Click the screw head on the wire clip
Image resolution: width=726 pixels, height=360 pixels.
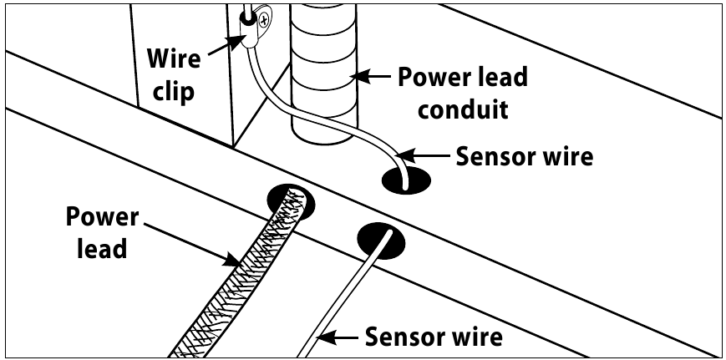pyautogui.click(x=264, y=20)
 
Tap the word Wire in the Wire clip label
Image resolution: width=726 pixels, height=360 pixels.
pyautogui.click(x=174, y=59)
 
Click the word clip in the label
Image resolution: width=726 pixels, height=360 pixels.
pyautogui.click(x=174, y=91)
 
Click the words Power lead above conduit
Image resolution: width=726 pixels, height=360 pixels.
pyautogui.click(x=463, y=77)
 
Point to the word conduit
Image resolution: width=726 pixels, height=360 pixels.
pyautogui.click(x=463, y=109)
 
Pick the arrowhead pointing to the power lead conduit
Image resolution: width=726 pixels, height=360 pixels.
pyautogui.click(x=361, y=77)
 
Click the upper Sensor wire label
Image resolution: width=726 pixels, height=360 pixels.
pyautogui.click(x=524, y=156)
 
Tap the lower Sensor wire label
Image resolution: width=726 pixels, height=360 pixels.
pyautogui.click(x=434, y=337)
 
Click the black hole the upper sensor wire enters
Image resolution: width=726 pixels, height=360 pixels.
pyautogui.click(x=406, y=180)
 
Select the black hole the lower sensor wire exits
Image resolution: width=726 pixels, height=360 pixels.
pyautogui.click(x=381, y=241)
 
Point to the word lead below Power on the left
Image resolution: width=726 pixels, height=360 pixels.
pyautogui.click(x=102, y=248)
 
